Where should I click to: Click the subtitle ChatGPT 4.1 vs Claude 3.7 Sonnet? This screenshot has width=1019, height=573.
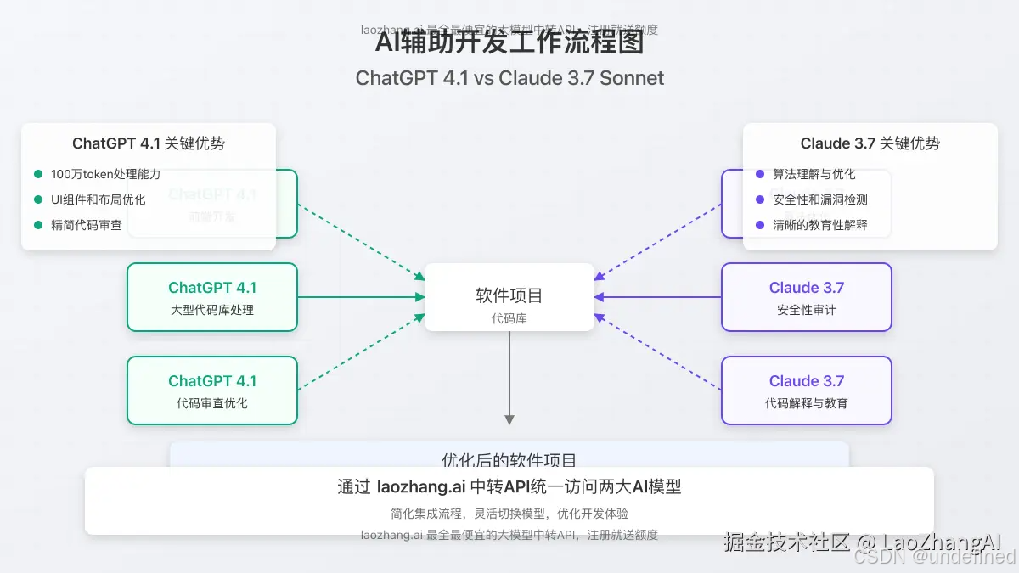509,78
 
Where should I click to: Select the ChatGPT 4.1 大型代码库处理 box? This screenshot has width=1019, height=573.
212,297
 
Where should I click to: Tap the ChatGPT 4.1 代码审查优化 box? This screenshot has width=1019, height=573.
212,390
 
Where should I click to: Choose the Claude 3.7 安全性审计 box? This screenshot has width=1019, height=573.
807,297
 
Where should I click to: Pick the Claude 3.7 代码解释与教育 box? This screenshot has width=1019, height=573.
807,390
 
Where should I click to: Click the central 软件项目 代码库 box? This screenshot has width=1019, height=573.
509,297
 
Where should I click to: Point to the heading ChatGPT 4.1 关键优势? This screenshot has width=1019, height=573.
149,143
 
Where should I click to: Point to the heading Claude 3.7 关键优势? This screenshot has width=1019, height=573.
870,143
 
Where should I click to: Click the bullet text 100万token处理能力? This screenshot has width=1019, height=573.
105,174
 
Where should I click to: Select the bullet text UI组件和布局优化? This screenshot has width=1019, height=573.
98,199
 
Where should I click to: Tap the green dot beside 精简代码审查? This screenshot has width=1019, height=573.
38,225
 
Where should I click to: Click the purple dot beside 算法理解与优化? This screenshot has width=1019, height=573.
760,174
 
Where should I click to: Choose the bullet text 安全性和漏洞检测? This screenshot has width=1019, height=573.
819,199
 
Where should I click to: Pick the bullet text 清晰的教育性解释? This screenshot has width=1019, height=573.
819,225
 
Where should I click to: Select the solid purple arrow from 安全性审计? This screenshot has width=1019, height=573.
658,297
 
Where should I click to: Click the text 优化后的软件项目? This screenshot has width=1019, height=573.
509,459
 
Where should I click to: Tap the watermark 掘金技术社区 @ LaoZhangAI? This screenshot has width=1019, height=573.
862,542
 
